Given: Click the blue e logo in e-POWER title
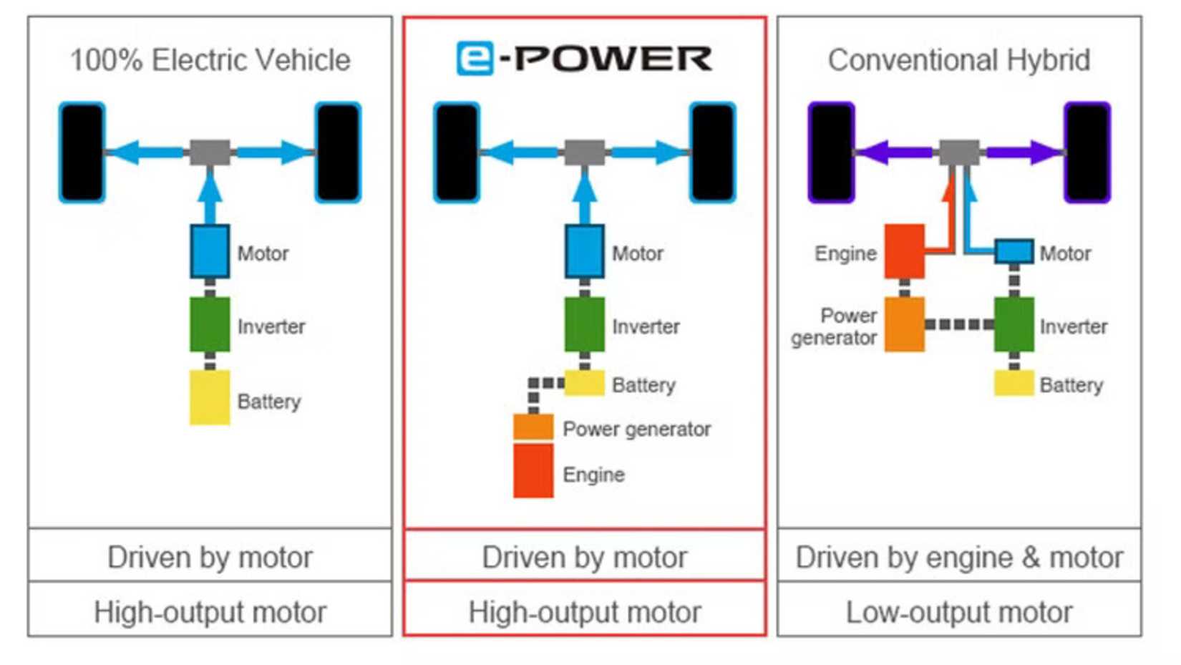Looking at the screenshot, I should (x=475, y=59).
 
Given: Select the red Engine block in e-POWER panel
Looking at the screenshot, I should (x=533, y=471).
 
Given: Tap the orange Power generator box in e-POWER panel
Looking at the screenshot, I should (x=533, y=427).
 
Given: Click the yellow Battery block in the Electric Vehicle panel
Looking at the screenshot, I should (x=210, y=397).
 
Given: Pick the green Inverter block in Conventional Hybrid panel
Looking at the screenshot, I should (x=1014, y=325).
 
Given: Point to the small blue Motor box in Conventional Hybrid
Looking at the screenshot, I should (x=1014, y=252).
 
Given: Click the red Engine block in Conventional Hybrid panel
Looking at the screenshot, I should (x=904, y=251).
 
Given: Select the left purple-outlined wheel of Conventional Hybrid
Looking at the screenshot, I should (x=831, y=152).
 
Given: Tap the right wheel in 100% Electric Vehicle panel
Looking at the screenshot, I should (x=338, y=152).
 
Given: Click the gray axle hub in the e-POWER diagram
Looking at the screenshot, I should (x=585, y=152).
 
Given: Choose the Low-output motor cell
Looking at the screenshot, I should (x=959, y=612).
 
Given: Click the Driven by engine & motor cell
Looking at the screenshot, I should (x=959, y=557).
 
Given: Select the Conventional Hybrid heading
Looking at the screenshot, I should (x=959, y=60).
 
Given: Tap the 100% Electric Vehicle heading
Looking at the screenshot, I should (x=210, y=60).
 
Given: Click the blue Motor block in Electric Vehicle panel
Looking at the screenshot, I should (x=210, y=251).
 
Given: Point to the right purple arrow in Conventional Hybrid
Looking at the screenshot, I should (x=1024, y=152).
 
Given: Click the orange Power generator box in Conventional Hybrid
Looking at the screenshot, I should (x=904, y=325).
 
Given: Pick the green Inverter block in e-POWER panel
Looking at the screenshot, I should (x=584, y=325).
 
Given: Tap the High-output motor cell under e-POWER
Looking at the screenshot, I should (x=584, y=612).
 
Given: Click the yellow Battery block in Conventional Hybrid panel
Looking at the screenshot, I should (x=1014, y=383).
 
